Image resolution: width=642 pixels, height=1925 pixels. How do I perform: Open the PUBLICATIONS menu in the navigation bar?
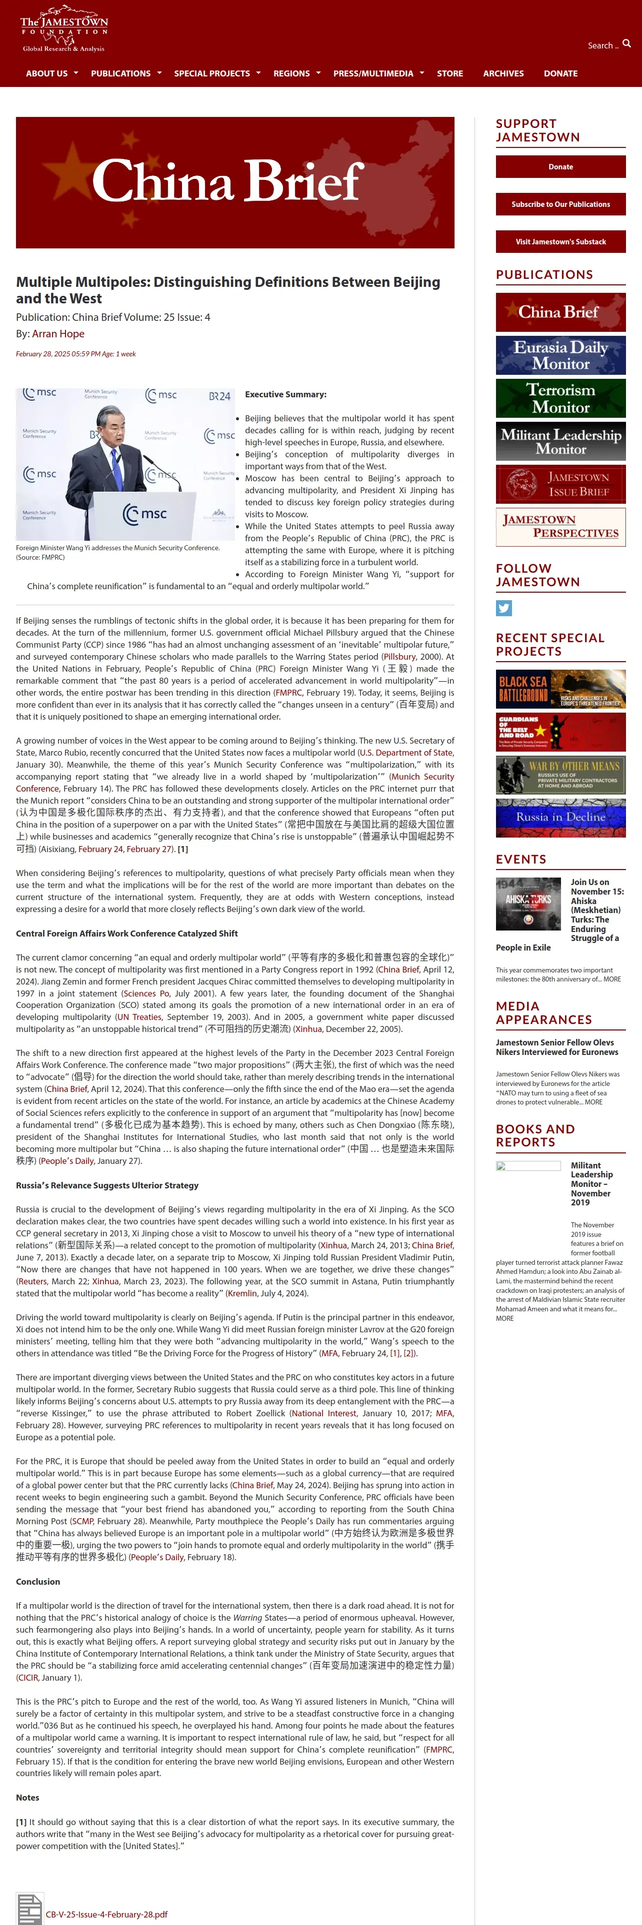121,73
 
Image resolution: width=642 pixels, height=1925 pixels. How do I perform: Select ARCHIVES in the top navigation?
503,73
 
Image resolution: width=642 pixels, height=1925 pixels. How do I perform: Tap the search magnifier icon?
626,44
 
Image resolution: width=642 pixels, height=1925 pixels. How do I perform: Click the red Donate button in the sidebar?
560,166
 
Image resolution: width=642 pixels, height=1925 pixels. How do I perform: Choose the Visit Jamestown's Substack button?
560,241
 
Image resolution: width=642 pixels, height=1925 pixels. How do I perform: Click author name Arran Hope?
58,334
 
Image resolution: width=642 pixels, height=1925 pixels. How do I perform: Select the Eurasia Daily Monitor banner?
560,355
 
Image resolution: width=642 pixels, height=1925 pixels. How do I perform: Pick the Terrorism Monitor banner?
560,398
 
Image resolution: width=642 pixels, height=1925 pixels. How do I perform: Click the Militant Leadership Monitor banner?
560,441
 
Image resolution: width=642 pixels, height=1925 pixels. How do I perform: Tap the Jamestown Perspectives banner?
560,527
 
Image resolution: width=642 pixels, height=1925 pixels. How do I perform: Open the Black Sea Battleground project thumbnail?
560,689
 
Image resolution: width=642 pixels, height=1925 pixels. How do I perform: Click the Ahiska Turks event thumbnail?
528,904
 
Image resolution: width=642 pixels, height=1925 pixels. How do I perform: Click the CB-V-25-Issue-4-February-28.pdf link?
106,1915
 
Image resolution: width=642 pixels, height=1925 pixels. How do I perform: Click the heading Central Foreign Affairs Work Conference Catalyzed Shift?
127,934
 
